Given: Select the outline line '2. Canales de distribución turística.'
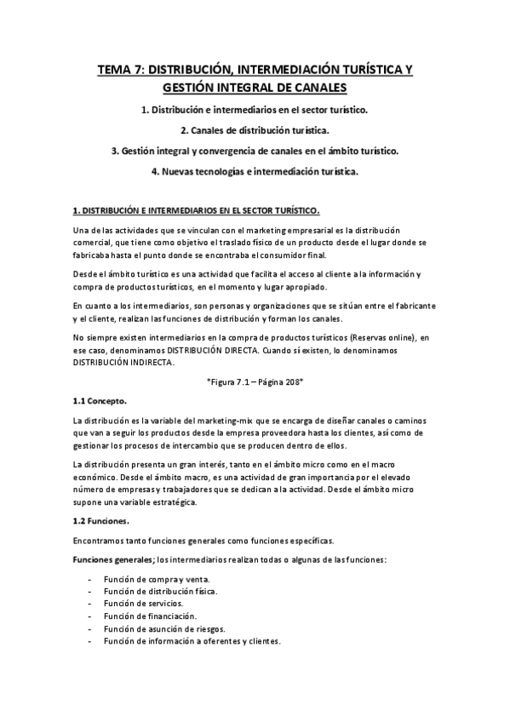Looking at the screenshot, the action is click(255, 130).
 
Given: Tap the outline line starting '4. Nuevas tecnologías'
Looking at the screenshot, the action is click(255, 172).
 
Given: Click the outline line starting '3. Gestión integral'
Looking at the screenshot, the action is click(255, 151).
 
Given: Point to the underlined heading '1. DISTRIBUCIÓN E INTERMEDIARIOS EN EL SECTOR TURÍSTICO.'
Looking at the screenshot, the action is click(196, 210).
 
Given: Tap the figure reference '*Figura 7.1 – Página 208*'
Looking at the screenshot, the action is click(255, 383).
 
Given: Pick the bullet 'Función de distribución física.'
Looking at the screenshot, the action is click(159, 592).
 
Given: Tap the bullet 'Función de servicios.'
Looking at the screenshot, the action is click(142, 604).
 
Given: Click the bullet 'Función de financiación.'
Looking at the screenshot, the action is click(149, 616).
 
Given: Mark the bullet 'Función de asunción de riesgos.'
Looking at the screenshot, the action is click(162, 628).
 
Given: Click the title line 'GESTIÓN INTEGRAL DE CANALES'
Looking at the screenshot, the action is click(255, 89).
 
